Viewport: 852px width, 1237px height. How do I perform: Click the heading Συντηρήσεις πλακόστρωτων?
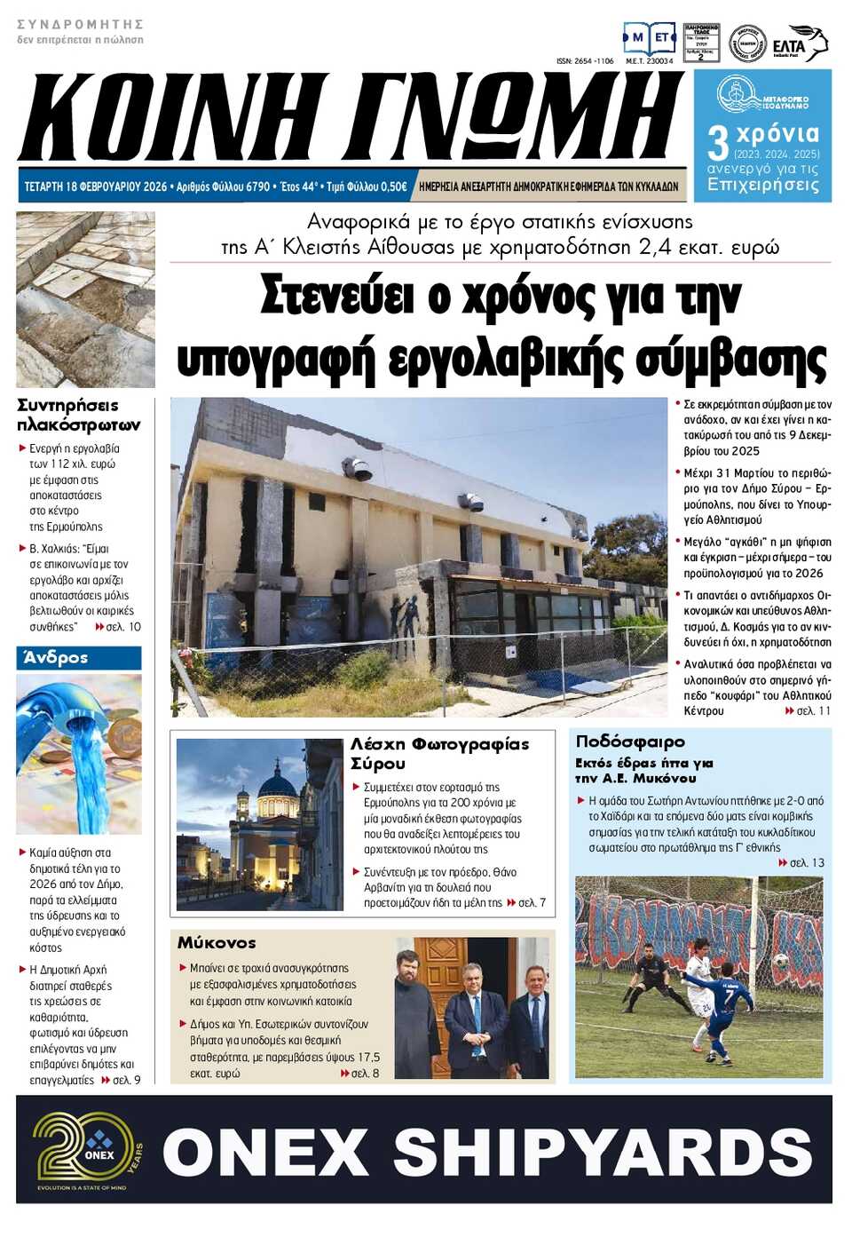tap(78, 415)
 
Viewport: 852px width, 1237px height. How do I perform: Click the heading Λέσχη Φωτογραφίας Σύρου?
tap(439, 753)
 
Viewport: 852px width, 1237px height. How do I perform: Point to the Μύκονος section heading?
tap(217, 942)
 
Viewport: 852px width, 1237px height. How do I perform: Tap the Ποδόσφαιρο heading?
tap(630, 741)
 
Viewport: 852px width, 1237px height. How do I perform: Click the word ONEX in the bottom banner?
tap(264, 1152)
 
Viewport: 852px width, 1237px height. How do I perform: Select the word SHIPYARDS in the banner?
tap(603, 1152)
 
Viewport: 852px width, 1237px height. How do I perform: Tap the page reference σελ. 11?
tap(813, 711)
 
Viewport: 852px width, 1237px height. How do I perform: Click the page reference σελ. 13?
tap(807, 862)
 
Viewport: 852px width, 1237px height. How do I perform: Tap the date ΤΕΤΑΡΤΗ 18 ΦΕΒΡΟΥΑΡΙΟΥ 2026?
tap(96, 186)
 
